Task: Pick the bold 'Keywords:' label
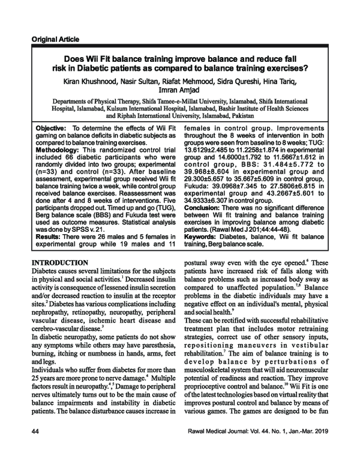(x=203, y=254)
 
